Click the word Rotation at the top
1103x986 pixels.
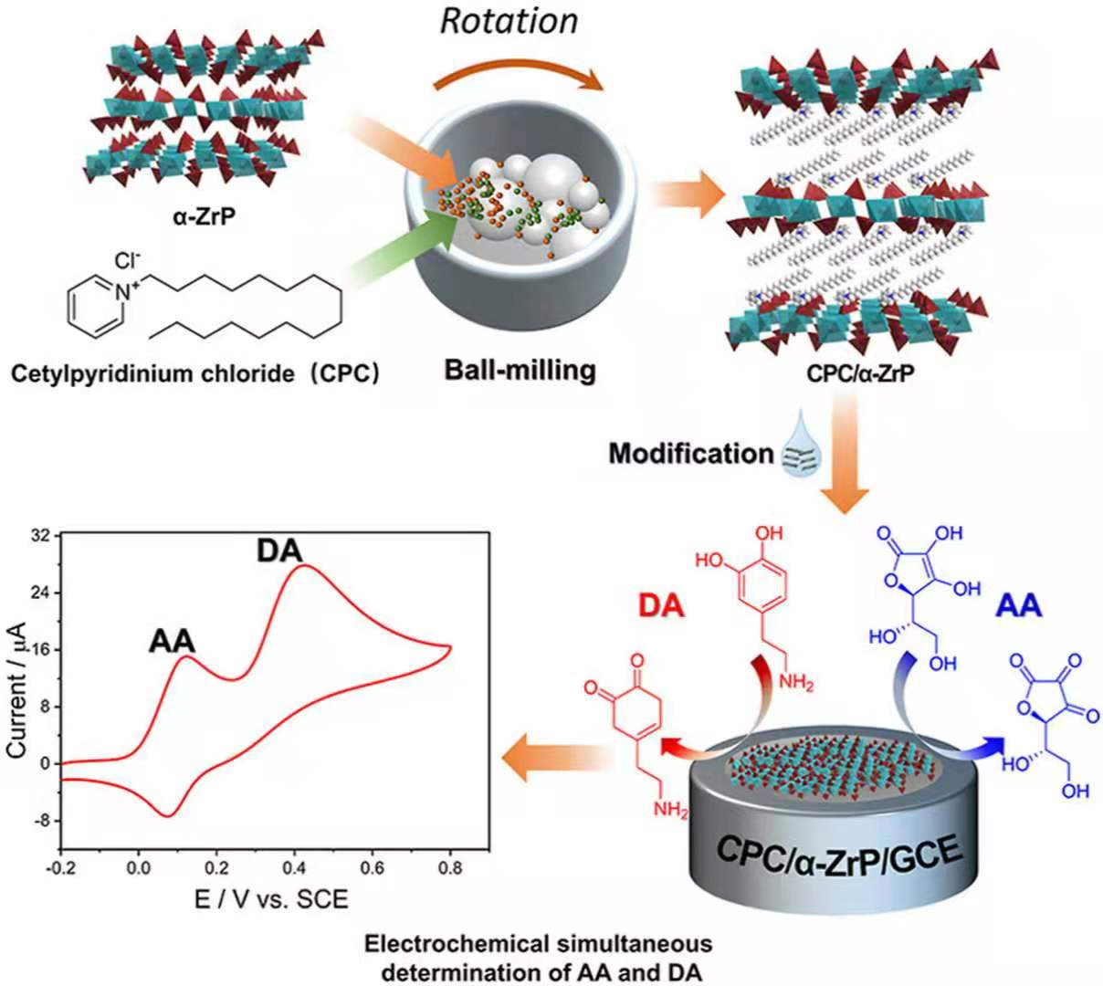tap(509, 20)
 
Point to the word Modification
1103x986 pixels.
tap(691, 453)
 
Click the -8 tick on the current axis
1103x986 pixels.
tap(38, 820)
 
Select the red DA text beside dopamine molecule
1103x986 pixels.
tap(660, 607)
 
